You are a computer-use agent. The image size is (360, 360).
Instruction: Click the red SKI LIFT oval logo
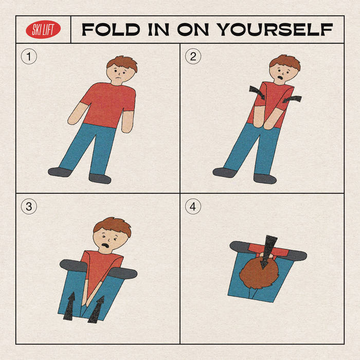pos(43,29)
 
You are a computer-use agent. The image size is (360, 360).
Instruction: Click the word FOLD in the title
pos(111,29)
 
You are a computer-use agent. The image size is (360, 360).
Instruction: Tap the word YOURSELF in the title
pos(275,29)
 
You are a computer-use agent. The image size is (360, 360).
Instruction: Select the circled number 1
pos(29,56)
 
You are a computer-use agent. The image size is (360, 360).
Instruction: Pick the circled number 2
pos(193,56)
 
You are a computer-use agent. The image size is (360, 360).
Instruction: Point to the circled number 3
pos(29,206)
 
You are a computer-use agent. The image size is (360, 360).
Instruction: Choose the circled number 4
pos(193,206)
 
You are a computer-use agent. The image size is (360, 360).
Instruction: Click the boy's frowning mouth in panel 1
pos(118,78)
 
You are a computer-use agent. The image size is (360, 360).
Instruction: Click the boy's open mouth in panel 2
pos(280,77)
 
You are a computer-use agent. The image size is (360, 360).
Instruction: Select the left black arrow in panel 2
pos(257,92)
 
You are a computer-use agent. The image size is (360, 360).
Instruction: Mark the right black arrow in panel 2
pos(292,99)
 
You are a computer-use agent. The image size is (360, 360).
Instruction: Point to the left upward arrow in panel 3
pos(69,306)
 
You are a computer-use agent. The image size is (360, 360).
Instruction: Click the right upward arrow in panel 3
pos(97,310)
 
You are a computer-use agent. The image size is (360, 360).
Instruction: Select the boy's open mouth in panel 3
pos(106,245)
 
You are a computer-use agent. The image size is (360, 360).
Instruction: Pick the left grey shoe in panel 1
pos(60,172)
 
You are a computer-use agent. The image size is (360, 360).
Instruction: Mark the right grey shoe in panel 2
pos(265,179)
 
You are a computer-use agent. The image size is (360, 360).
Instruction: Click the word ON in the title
pos(193,29)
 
